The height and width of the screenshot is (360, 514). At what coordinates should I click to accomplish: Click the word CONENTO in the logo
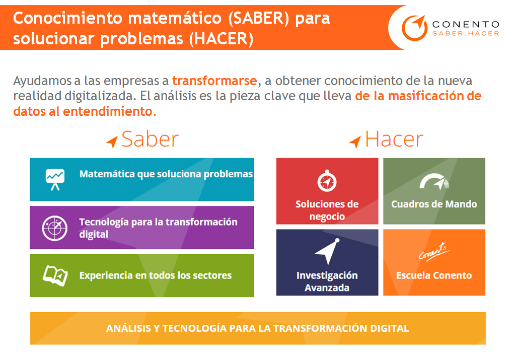pyautogui.click(x=466, y=24)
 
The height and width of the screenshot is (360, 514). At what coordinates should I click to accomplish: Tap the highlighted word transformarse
pyautogui.click(x=214, y=81)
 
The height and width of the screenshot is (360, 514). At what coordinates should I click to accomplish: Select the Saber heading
pyautogui.click(x=150, y=139)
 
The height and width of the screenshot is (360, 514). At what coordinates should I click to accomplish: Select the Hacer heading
pyautogui.click(x=394, y=139)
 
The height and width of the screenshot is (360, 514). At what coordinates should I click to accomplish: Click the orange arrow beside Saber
pyautogui.click(x=112, y=142)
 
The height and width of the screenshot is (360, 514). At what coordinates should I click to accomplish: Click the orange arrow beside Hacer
pyautogui.click(x=355, y=142)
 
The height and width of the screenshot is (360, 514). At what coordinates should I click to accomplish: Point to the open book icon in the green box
pyautogui.click(x=55, y=275)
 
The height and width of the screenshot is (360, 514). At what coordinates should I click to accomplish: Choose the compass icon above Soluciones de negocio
pyautogui.click(x=327, y=181)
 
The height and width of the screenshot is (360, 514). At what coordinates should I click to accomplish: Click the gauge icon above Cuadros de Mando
pyautogui.click(x=434, y=183)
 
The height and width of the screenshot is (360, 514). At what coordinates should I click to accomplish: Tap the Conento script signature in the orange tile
pyautogui.click(x=434, y=251)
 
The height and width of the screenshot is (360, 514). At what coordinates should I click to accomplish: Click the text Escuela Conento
pyautogui.click(x=434, y=275)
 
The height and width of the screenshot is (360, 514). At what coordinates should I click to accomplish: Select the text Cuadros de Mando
pyautogui.click(x=434, y=204)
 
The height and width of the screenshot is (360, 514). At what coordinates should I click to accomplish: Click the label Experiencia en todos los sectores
pyautogui.click(x=156, y=275)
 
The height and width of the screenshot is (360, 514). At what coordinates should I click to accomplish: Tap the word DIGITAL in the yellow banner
pyautogui.click(x=387, y=328)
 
